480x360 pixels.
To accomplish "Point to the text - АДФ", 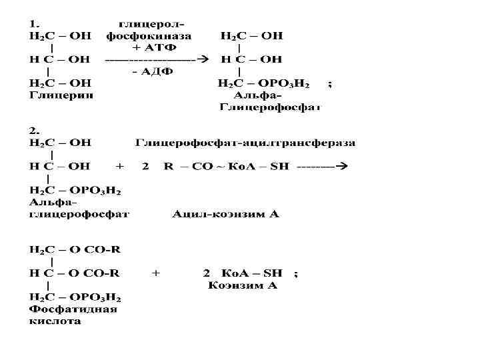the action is (x=152, y=72).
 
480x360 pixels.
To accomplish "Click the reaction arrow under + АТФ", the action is (x=157, y=59).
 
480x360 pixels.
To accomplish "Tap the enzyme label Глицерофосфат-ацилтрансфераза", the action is (x=245, y=143).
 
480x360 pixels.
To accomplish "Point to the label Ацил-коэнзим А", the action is (x=225, y=215).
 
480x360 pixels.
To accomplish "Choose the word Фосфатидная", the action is (x=73, y=309).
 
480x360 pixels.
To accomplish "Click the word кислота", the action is (x=55, y=321).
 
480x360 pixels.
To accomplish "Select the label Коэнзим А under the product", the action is (x=243, y=285).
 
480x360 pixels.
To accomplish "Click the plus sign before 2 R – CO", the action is (x=120, y=167).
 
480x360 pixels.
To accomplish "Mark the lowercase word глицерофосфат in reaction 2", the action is (x=79, y=215).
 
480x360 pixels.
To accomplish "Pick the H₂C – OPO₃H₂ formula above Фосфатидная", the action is (x=75, y=297).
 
